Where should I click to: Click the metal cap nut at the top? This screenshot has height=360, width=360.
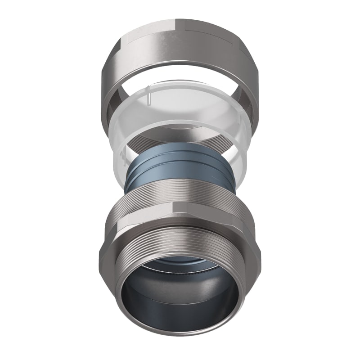point(180,49)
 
